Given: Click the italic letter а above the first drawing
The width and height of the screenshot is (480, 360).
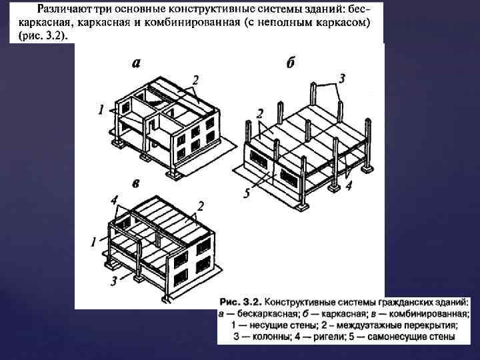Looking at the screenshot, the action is (x=136, y=63).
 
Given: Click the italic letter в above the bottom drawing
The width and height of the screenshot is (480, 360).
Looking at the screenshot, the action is (x=136, y=183).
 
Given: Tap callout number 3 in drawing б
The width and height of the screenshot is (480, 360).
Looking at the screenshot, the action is (x=341, y=79).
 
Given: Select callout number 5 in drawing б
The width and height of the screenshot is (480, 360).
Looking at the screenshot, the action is (x=247, y=193).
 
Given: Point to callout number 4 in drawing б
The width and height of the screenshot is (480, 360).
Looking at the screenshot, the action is (x=349, y=185).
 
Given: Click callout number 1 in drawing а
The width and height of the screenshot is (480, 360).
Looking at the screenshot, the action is (x=101, y=109).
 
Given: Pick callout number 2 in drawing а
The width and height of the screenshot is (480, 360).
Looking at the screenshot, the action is (x=195, y=80).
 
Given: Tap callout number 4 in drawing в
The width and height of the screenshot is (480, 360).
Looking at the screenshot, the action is (x=114, y=201).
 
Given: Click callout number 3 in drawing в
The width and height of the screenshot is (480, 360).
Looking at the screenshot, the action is (x=114, y=281).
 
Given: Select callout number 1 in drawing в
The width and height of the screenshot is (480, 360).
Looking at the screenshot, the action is (x=93, y=242).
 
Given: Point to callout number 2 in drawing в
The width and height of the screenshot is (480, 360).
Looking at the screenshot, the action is (x=200, y=206).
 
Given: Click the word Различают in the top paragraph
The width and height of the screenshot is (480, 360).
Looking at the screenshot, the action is (x=64, y=9).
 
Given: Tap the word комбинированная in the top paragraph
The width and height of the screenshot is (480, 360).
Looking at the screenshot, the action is (x=192, y=23).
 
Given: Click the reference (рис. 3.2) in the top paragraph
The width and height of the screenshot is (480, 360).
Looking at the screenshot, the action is (x=43, y=36).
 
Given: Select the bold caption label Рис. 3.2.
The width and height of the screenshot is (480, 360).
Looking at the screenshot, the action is (x=241, y=303).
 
